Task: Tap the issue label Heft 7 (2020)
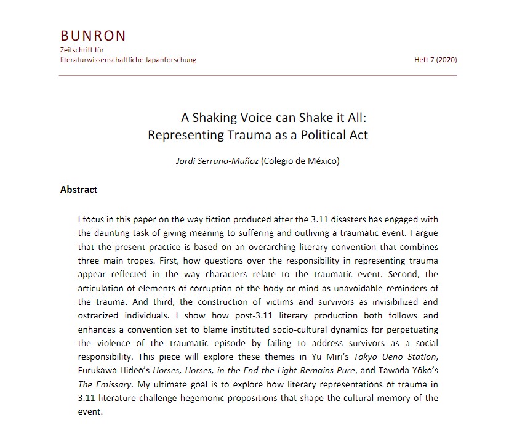436,60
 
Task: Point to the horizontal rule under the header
259,76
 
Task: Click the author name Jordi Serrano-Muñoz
217,161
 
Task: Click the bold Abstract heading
79,190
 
